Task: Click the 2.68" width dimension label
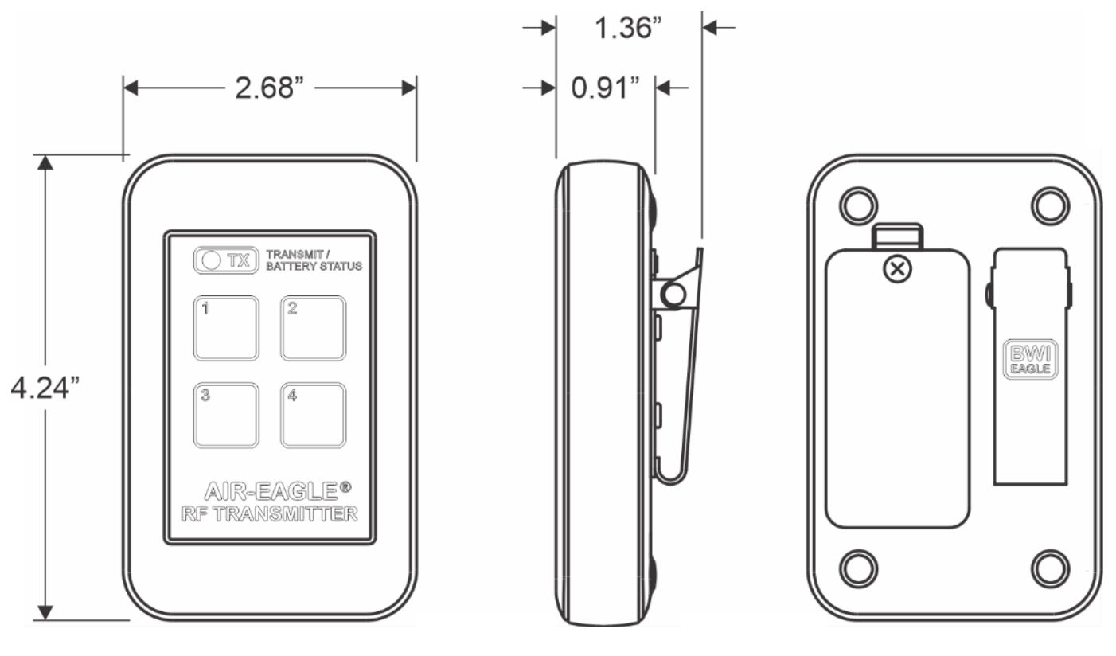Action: (x=269, y=88)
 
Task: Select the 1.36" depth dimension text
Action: (x=628, y=28)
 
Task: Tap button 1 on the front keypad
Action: (x=226, y=327)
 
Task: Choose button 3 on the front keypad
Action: (x=226, y=415)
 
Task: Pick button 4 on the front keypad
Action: (x=313, y=415)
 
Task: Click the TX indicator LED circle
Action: (x=212, y=260)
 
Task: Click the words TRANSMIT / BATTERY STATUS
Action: (x=314, y=260)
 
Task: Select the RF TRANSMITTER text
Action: (x=269, y=514)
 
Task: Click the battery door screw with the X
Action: (x=899, y=269)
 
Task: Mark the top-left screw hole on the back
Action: (x=858, y=206)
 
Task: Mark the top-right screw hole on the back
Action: (x=1050, y=206)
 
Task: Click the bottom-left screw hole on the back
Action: (x=858, y=568)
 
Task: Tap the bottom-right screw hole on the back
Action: (x=1050, y=568)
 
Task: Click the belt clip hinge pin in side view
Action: (x=673, y=296)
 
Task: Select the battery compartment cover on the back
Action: (x=897, y=398)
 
